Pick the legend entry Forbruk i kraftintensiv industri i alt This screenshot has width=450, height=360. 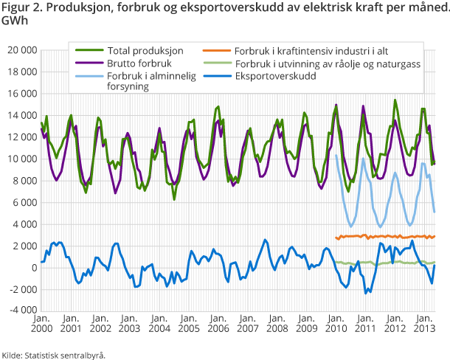tap(311, 51)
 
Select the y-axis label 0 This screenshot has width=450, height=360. tap(32, 267)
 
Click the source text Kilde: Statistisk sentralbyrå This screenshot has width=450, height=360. tap(53, 355)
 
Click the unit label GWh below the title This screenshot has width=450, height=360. tap(13, 22)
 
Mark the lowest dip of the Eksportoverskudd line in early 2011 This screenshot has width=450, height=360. tap(365, 293)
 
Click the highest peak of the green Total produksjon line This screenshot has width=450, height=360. tap(395, 100)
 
